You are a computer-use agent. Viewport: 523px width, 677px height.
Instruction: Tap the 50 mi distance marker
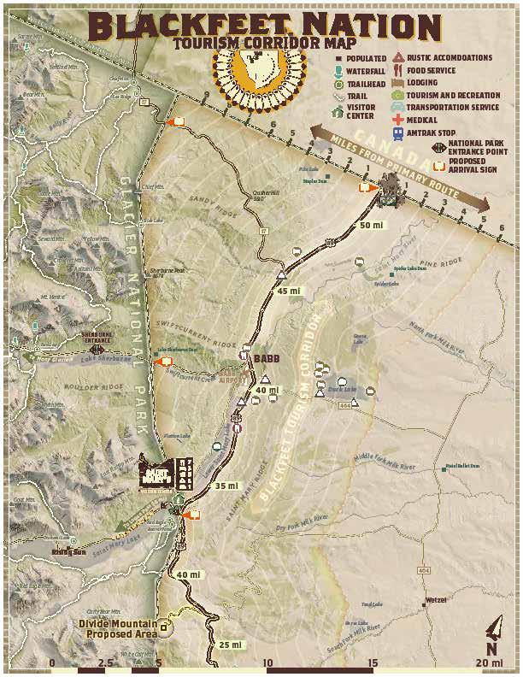pos(372,226)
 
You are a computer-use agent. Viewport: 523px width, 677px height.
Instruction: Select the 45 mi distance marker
pos(290,291)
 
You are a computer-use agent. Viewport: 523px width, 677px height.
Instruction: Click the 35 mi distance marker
pos(226,486)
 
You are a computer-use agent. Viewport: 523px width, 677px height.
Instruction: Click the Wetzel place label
pos(436,601)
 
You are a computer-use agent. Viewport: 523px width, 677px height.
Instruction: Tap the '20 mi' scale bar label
pos(491,663)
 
